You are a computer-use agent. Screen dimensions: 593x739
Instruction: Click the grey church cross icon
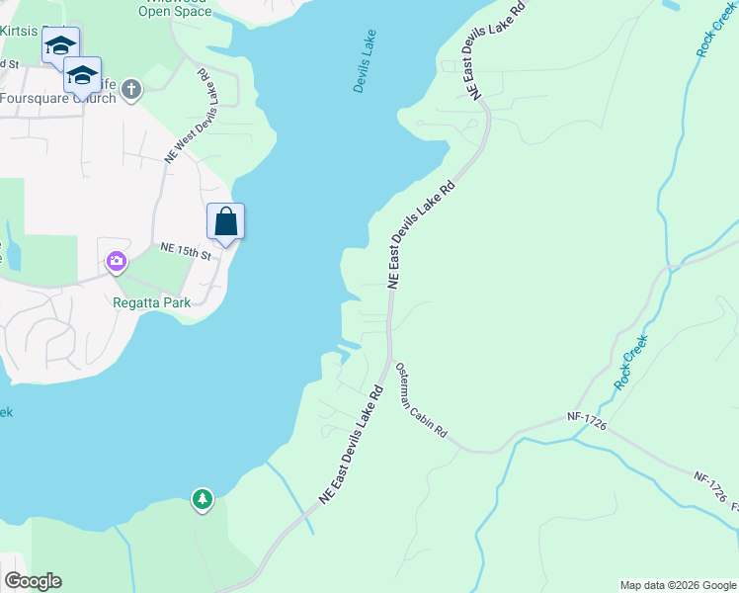pyautogui.click(x=131, y=91)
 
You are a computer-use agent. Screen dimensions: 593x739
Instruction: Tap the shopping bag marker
pyautogui.click(x=225, y=220)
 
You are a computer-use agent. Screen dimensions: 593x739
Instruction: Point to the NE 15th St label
pyautogui.click(x=186, y=252)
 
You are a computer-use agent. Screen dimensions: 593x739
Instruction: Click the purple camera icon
pyautogui.click(x=117, y=262)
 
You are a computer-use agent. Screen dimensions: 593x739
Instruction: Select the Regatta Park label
pyautogui.click(x=151, y=302)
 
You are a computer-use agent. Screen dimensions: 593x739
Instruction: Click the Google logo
pyautogui.click(x=32, y=581)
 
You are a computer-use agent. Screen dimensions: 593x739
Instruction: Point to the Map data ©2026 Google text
pyautogui.click(x=678, y=585)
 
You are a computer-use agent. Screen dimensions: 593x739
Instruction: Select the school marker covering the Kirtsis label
pyautogui.click(x=60, y=45)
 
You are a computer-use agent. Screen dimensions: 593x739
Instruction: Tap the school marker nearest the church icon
pyautogui.click(x=82, y=75)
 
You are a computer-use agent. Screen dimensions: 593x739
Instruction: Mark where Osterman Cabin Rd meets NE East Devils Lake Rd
pyautogui.click(x=390, y=357)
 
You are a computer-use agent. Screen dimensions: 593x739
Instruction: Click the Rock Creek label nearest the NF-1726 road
pyautogui.click(x=630, y=363)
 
